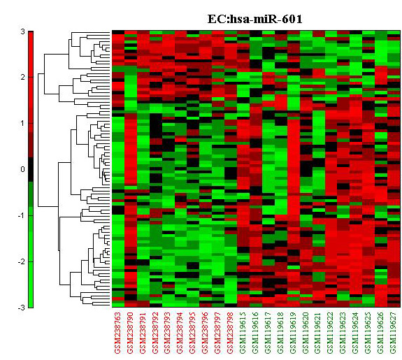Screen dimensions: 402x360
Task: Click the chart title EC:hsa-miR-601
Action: pos(254,19)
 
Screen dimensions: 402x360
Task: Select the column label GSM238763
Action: pos(117,333)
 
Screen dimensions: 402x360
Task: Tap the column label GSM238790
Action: pos(130,333)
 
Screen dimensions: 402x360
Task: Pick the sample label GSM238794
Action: pos(180,333)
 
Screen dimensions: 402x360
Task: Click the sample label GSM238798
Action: pos(230,333)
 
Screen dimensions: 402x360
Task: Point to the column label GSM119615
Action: pos(243,333)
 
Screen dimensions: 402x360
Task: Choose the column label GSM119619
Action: pos(292,333)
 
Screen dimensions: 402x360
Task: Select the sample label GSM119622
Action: pos(330,333)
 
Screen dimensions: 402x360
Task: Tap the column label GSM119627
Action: pos(393,333)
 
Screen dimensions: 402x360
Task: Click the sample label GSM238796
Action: pos(205,333)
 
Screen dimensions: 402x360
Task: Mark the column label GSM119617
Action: pos(267,333)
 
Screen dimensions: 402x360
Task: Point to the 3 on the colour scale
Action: pos(23,31)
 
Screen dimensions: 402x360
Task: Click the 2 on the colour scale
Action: pos(23,77)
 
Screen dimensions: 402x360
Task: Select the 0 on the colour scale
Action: pos(23,169)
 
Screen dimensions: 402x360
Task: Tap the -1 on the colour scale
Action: pos(22,215)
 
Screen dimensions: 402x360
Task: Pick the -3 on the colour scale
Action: pos(22,308)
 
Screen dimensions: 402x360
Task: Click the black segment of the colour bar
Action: pos(31,169)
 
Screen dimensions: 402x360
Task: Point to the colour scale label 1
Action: pos(23,123)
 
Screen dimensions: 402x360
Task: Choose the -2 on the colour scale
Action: pos(22,261)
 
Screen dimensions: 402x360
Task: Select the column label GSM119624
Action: pos(355,333)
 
